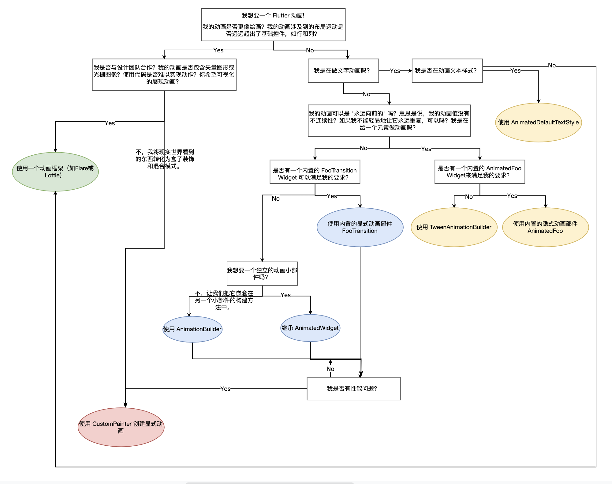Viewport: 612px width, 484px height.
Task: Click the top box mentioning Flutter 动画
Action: click(273, 25)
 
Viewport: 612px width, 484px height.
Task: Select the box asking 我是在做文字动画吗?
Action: click(343, 71)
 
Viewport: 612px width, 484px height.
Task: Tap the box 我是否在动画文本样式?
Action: click(447, 71)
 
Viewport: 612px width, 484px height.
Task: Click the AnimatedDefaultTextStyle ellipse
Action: click(538, 123)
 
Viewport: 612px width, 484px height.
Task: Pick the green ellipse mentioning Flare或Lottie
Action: click(55, 172)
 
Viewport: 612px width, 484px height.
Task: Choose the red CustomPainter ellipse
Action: click(121, 427)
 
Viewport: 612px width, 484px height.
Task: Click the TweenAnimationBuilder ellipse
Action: click(454, 227)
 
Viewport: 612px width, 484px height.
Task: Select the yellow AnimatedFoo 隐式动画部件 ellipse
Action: click(545, 227)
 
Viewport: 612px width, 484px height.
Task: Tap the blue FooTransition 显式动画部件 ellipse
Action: click(360, 227)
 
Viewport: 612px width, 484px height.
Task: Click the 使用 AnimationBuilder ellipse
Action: click(192, 329)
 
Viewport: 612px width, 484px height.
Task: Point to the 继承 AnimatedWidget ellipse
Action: click(310, 328)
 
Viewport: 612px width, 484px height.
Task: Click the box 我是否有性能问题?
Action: click(353, 388)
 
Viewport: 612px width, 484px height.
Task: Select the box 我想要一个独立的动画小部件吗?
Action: click(262, 274)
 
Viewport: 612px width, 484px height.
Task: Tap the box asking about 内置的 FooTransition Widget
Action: click(315, 172)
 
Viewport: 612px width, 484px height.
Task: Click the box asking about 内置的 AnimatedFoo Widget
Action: click(480, 172)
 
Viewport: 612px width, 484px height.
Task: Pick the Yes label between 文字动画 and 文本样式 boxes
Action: click(395, 71)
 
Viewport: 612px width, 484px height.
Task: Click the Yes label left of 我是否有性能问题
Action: click(225, 389)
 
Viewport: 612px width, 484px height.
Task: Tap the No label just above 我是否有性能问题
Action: click(330, 369)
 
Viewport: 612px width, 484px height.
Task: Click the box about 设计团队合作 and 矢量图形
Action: click(164, 75)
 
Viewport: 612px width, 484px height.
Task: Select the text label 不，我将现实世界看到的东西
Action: click(165, 159)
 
